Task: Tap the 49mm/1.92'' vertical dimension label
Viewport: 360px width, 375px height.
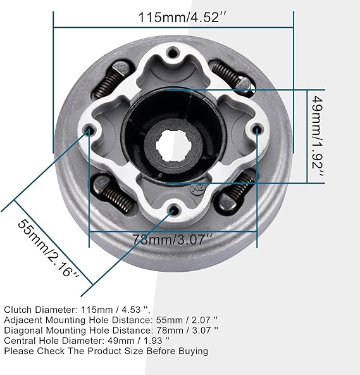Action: coord(319,136)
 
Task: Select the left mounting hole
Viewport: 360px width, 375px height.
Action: coord(89,131)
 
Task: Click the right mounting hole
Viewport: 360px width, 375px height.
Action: coord(257,129)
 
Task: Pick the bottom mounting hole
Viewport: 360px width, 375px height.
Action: coord(172,209)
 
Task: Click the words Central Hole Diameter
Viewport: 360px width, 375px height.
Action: coord(49,340)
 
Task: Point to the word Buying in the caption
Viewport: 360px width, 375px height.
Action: coord(192,350)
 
